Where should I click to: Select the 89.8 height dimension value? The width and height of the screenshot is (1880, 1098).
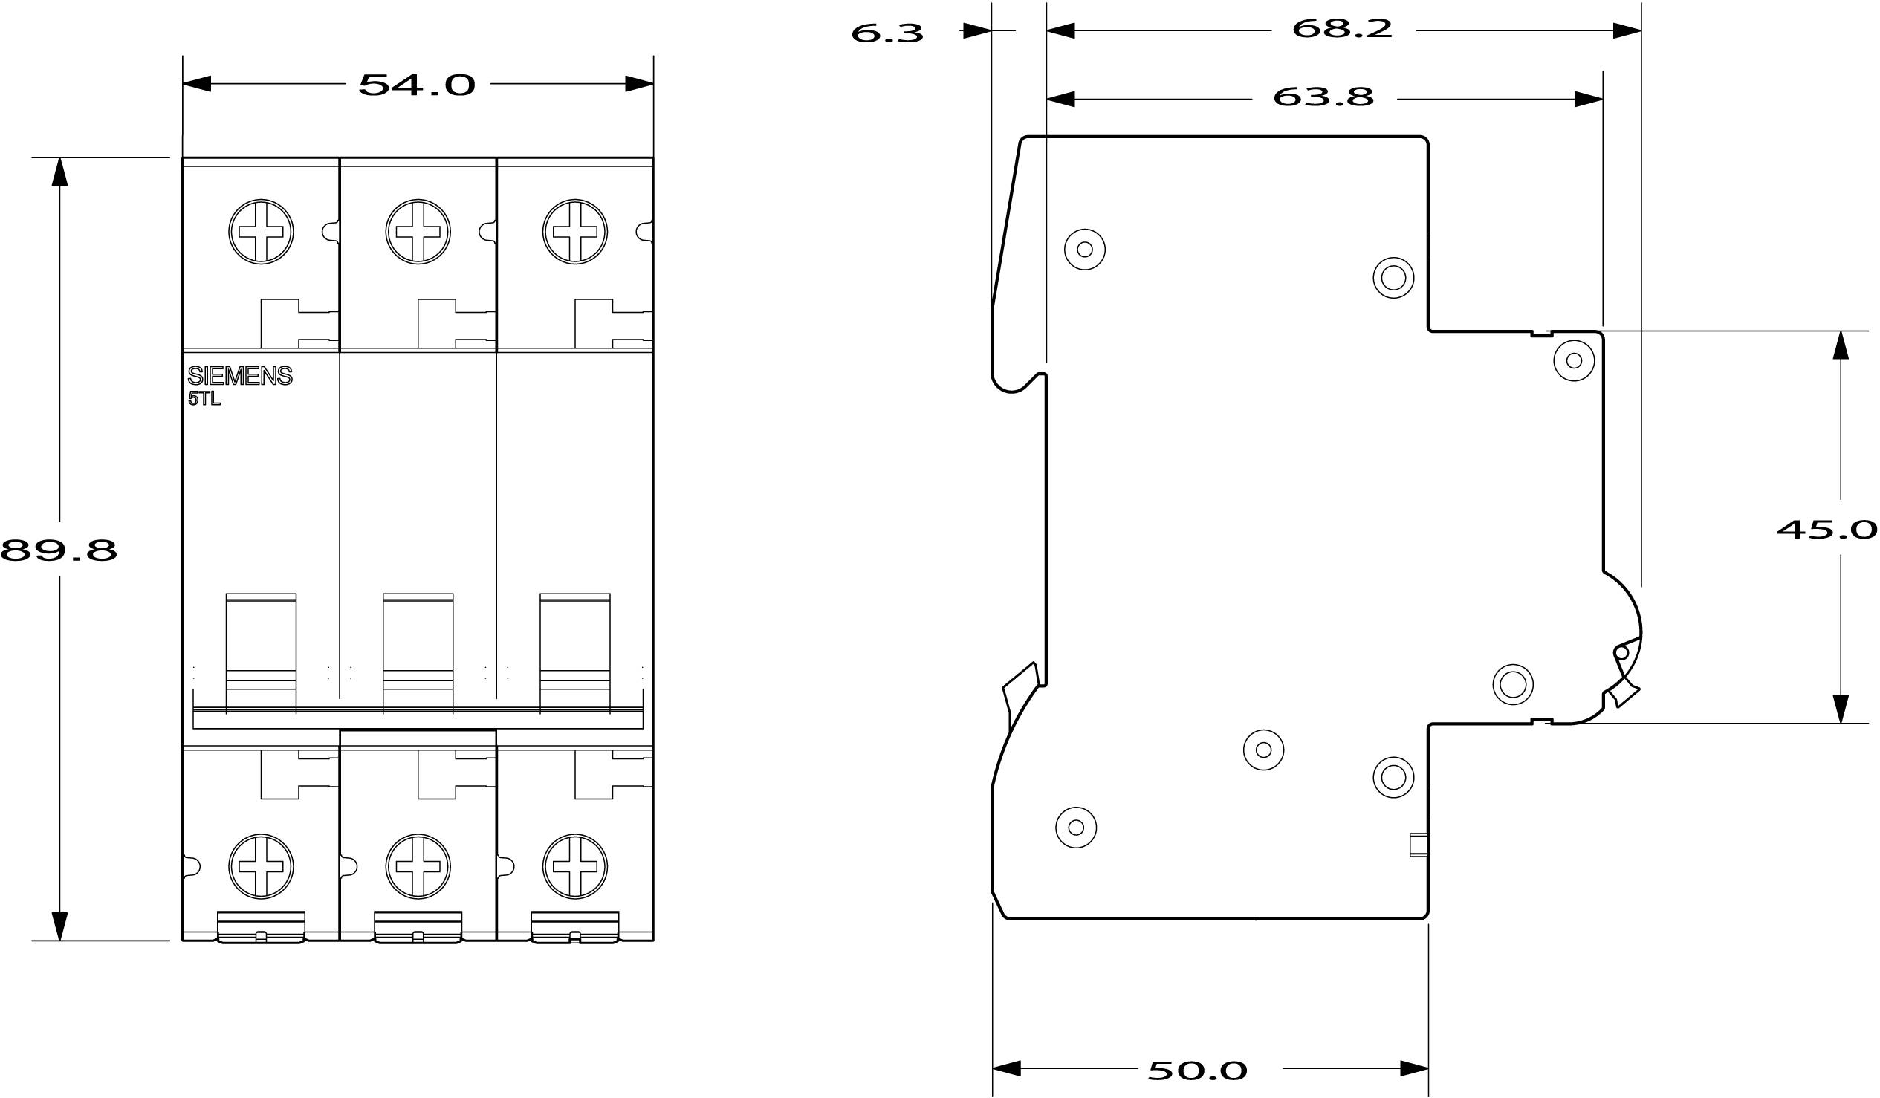58,550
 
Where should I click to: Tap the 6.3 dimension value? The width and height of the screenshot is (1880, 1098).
887,33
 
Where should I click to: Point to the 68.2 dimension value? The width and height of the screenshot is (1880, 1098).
1342,29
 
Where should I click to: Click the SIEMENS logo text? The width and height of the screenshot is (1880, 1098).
239,376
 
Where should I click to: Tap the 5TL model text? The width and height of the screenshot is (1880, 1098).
204,399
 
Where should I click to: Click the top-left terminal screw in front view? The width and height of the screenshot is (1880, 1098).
261,231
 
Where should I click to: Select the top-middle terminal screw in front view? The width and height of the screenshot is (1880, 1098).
418,231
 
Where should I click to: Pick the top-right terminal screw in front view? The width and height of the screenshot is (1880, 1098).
574,231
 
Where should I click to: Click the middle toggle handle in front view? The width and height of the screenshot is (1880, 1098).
418,653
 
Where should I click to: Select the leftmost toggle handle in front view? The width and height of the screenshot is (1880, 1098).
261,653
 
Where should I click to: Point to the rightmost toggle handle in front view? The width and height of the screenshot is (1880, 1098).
574,653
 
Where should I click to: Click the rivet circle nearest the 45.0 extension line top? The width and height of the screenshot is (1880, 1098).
1574,361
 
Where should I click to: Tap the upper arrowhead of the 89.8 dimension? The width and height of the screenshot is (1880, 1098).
59,171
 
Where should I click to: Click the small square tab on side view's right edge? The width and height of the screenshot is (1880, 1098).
1419,845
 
